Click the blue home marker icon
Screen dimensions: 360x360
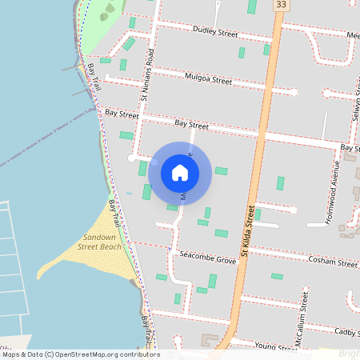[180, 172]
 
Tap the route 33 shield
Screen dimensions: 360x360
[279, 5]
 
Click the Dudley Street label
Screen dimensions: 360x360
[215, 33]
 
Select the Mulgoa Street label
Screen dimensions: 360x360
[207, 79]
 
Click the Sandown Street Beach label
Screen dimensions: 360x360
[100, 242]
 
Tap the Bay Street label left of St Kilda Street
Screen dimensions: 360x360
[191, 126]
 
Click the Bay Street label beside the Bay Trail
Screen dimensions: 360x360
[122, 114]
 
